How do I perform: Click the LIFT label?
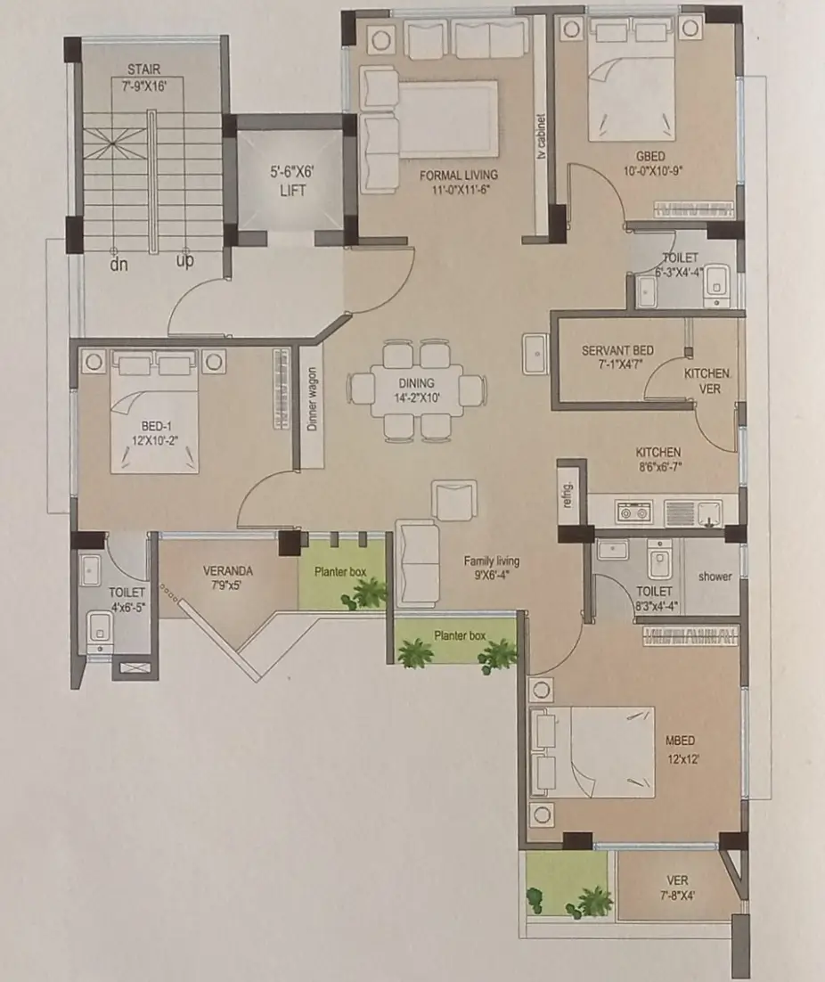point(292,190)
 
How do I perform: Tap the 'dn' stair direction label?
point(118,265)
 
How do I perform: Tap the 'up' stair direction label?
point(184,260)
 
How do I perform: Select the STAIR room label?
point(144,69)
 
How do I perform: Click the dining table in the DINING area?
point(416,391)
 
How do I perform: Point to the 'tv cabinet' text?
point(542,136)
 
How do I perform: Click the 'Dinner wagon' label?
point(312,399)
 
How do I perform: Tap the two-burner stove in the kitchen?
point(633,512)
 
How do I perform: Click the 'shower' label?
point(715,577)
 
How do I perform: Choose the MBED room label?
point(681,741)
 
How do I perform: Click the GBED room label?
point(650,157)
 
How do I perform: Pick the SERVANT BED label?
point(617,350)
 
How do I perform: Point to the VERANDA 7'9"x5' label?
point(228,578)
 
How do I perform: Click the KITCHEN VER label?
point(707,381)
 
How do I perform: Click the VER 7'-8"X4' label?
point(677,888)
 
